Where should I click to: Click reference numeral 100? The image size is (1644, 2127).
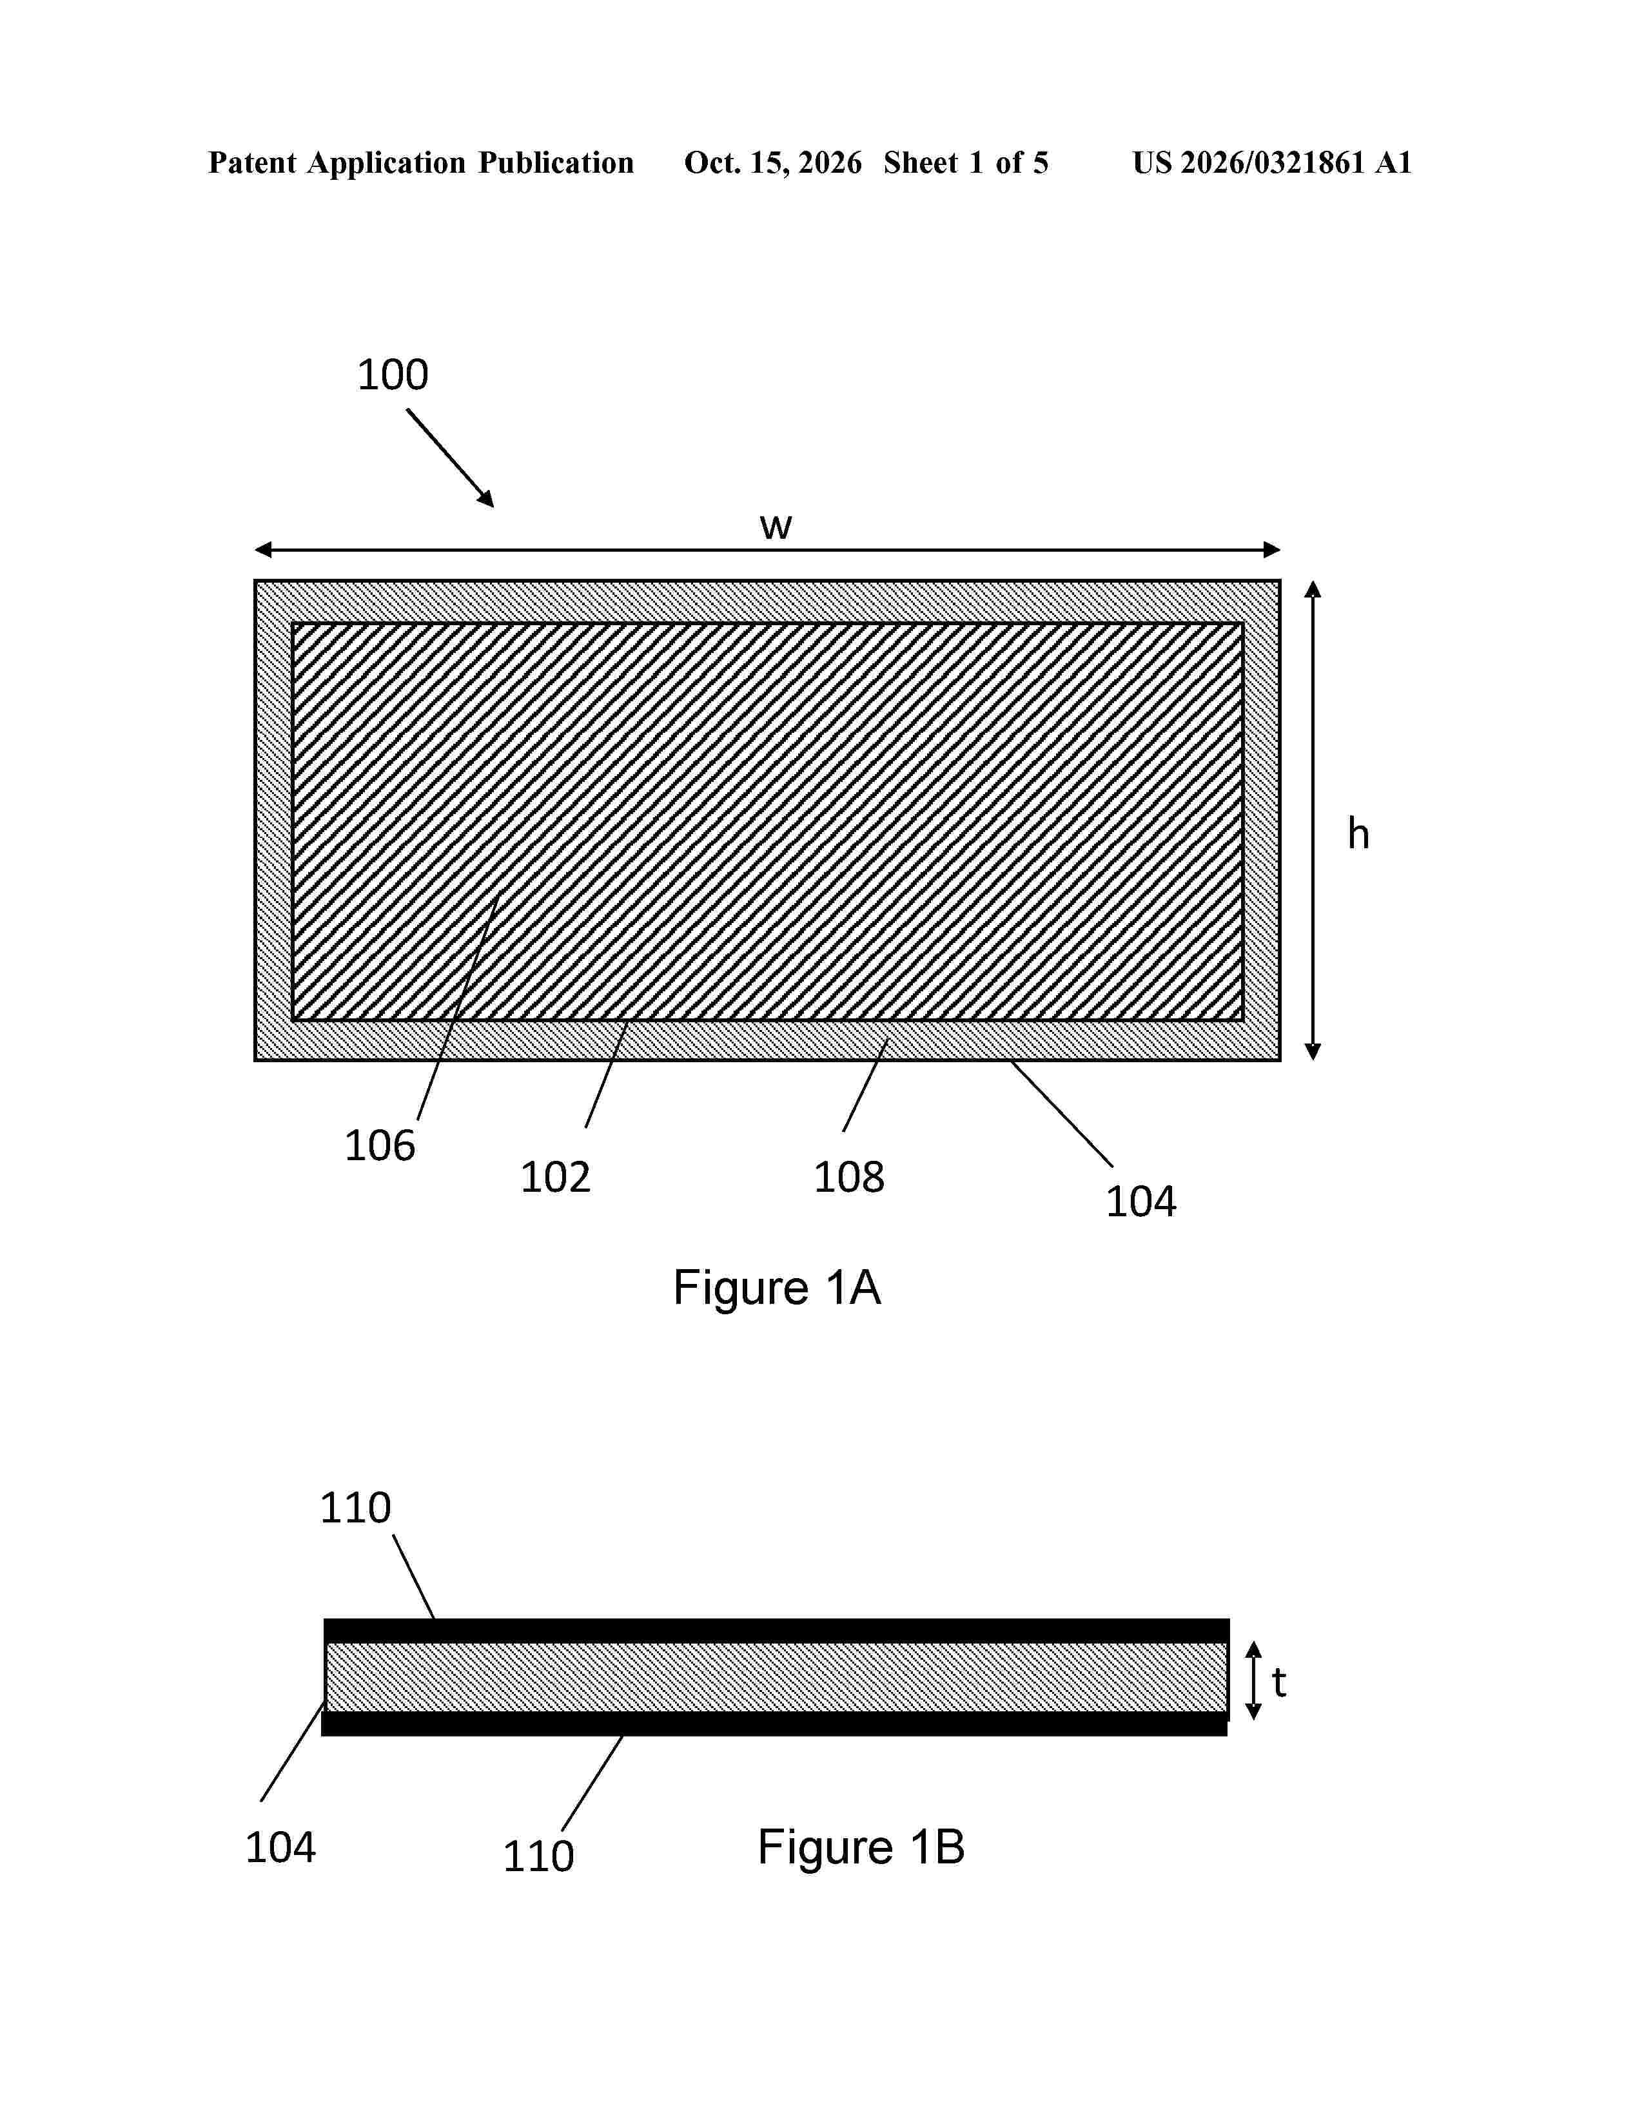[x=393, y=375]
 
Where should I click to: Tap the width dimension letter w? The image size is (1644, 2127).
[x=775, y=527]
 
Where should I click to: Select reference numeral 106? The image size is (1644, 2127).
[x=380, y=1145]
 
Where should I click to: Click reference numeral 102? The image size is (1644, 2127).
[x=555, y=1178]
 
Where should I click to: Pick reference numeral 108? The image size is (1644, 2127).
[x=848, y=1178]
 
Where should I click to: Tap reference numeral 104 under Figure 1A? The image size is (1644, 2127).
[x=1140, y=1202]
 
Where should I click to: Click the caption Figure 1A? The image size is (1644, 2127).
[x=776, y=1288]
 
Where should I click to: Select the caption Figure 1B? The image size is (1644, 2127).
[x=861, y=1847]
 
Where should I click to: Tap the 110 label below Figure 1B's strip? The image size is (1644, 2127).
[x=538, y=1856]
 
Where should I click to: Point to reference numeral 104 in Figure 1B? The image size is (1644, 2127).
[x=280, y=1847]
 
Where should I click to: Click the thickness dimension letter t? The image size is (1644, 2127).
[x=1279, y=1682]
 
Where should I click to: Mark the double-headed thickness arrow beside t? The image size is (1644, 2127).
[x=1255, y=1680]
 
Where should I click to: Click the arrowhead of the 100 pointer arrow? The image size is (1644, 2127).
[x=487, y=500]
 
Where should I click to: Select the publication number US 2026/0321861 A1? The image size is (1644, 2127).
[x=1272, y=162]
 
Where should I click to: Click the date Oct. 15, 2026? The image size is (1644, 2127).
[x=772, y=162]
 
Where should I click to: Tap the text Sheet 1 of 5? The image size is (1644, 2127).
[x=966, y=162]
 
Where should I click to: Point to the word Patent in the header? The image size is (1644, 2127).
[x=252, y=162]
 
